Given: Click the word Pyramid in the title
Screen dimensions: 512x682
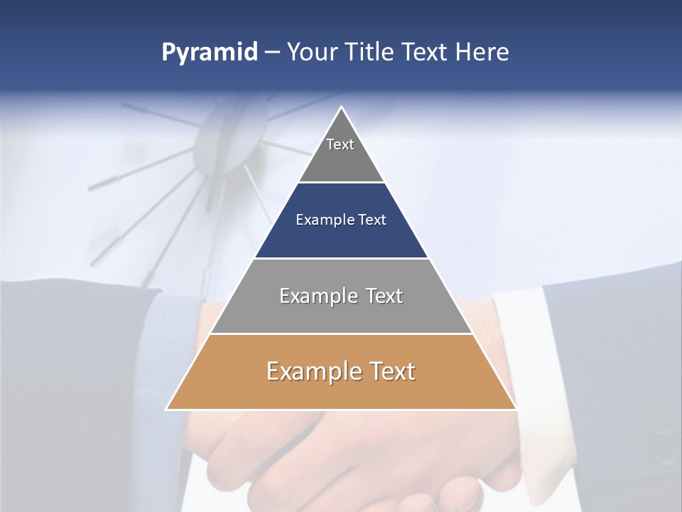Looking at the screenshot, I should pos(209,53).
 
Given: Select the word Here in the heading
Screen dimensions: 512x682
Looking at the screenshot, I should pos(482,53).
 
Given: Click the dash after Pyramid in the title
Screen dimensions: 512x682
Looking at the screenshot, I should pos(272,53).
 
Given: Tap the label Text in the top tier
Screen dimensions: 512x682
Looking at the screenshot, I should pos(340,144).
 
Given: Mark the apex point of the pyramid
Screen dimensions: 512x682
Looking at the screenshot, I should pos(342,107).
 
